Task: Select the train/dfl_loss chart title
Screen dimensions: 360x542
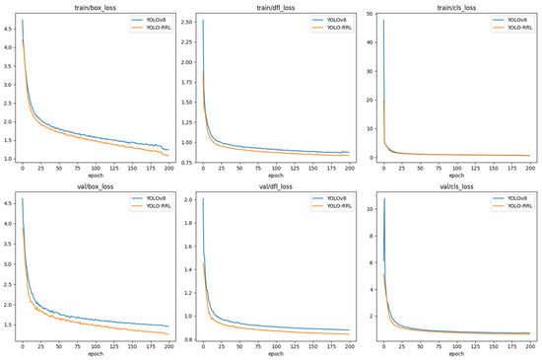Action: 273,6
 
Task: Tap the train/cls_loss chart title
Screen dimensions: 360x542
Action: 455,6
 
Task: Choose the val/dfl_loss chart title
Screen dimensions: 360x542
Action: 273,187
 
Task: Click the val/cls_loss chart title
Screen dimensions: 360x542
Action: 455,187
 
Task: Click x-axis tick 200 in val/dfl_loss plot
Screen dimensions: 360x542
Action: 349,347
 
